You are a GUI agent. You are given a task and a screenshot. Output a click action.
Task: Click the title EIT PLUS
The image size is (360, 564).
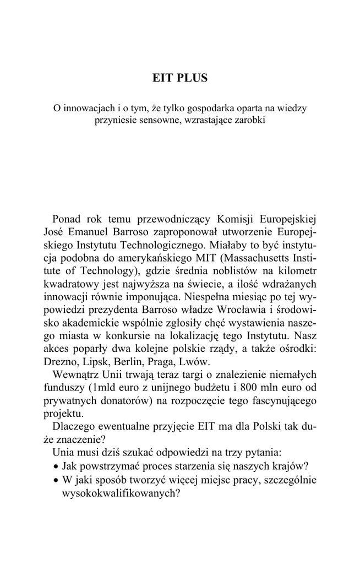(180, 78)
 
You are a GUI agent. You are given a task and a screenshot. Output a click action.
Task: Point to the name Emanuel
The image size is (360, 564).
(95, 232)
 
